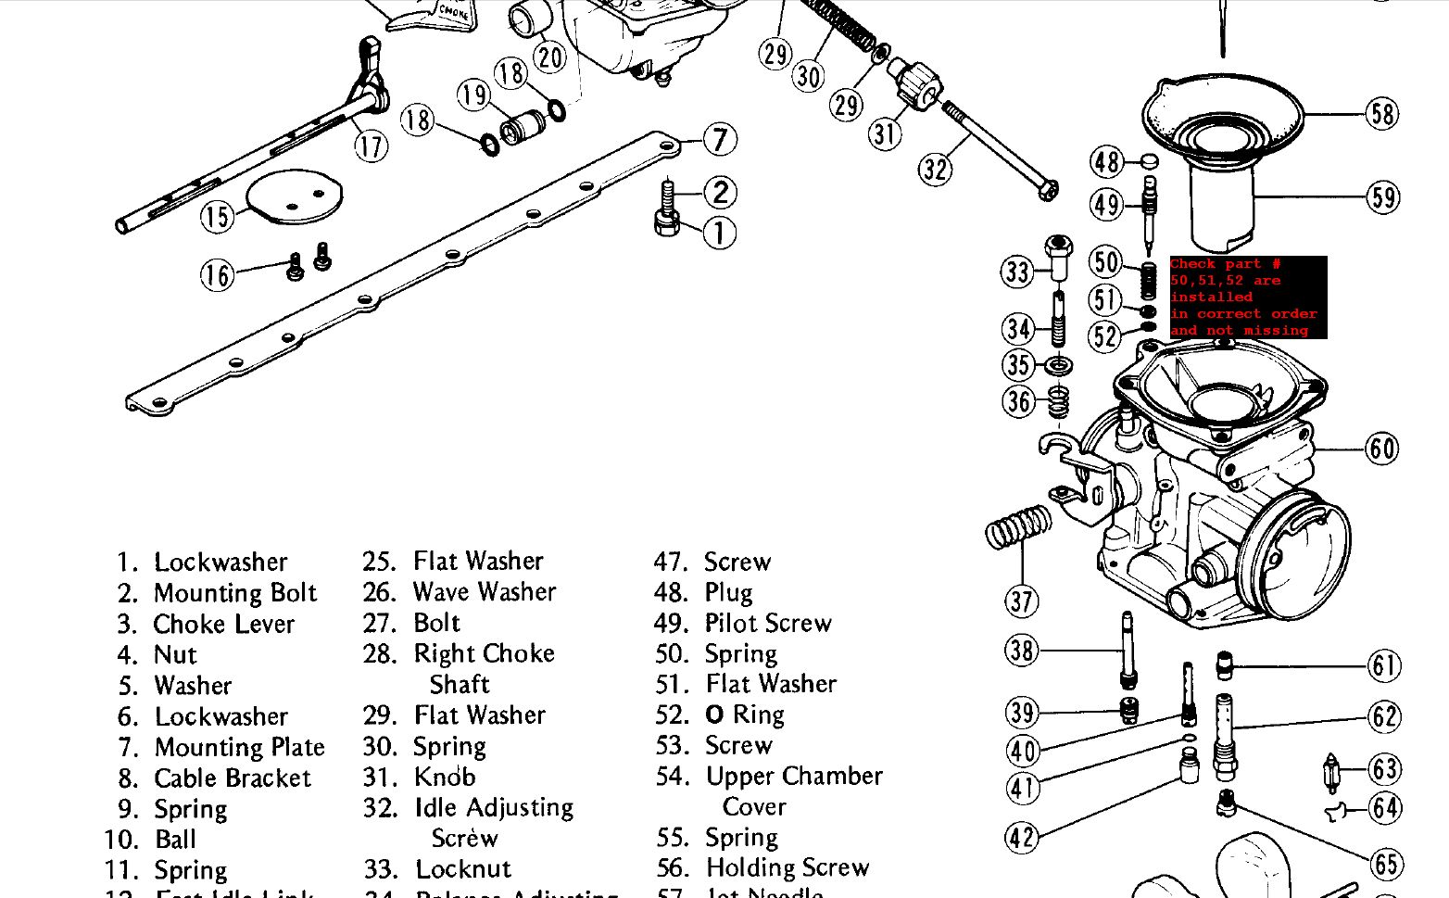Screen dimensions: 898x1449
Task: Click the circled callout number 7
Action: [x=720, y=140]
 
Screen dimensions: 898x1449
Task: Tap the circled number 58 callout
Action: [x=1382, y=114]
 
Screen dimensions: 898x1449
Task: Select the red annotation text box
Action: [x=1248, y=297]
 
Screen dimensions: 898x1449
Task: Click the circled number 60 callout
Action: [x=1382, y=449]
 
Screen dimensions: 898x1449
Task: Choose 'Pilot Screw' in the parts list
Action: [x=768, y=623]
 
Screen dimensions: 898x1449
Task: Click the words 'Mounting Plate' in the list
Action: [x=239, y=747]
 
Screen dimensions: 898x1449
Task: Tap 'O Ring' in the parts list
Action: [x=745, y=715]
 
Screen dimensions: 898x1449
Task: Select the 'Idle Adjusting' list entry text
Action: [x=494, y=808]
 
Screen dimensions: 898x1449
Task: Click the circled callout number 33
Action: [x=1017, y=272]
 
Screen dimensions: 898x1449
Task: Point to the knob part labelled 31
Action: [x=915, y=83]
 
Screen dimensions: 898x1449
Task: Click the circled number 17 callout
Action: [x=371, y=145]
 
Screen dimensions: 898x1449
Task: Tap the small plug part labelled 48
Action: [x=1148, y=161]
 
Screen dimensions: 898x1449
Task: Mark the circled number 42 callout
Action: [x=1022, y=838]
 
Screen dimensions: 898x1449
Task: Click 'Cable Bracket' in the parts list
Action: [x=233, y=778]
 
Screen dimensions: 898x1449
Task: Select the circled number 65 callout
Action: [x=1386, y=865]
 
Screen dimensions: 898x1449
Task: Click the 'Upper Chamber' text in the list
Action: [x=794, y=776]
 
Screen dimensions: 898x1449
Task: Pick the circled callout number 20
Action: [x=550, y=57]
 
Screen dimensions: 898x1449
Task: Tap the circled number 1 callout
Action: [x=720, y=233]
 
